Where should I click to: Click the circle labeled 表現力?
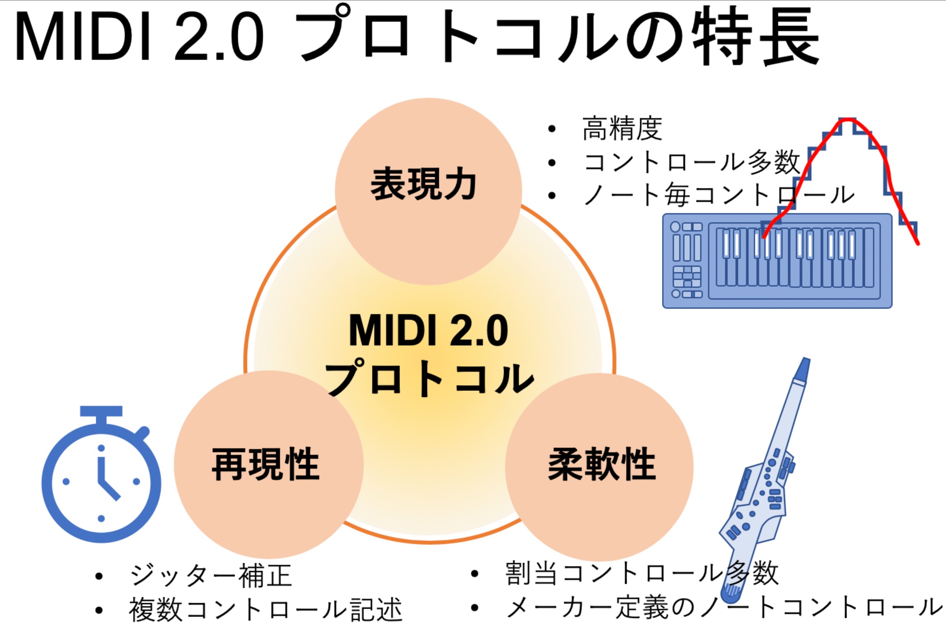428,191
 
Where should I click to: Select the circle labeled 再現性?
268,464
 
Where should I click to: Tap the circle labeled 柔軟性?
600,467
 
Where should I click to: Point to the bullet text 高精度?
622,129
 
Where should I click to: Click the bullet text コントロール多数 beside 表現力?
692,162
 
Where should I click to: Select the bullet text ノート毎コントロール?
719,195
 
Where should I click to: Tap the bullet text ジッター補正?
211,575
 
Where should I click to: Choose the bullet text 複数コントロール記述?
266,609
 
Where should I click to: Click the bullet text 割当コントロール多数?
642,573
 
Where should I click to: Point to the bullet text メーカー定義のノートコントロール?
724,607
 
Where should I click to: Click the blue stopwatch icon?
101,474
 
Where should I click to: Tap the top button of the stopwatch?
101,411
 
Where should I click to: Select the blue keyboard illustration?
777,261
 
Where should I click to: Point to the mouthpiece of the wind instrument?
802,370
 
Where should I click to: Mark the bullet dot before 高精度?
552,129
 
